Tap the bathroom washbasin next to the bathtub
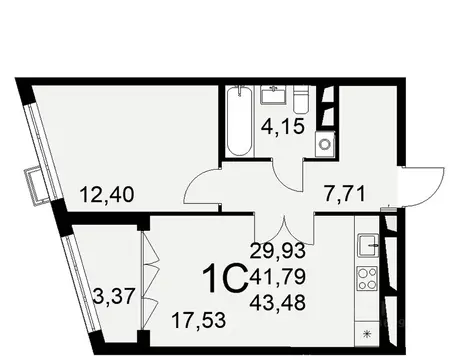274,95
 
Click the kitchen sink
366,242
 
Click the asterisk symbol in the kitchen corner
365,334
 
